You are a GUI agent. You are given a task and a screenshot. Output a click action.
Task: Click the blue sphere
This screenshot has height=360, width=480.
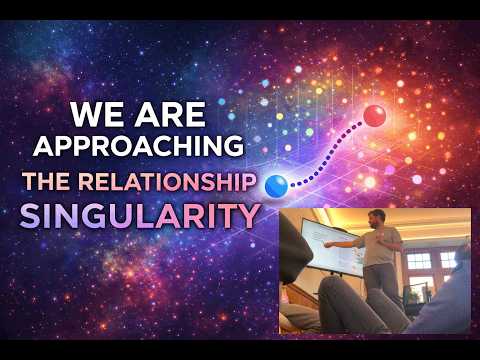tap(275, 184)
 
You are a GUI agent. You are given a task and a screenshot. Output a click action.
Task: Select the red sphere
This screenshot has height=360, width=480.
tap(375, 115)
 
